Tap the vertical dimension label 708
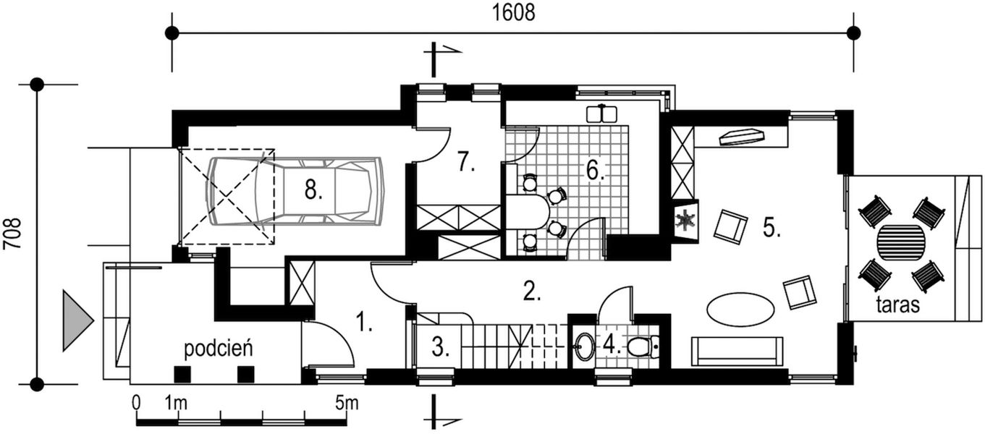click(x=12, y=234)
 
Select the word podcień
click(x=218, y=349)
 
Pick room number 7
click(x=466, y=163)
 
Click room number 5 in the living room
click(x=771, y=228)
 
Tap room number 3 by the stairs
click(x=441, y=348)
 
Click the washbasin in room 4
click(x=584, y=346)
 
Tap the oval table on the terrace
click(x=901, y=242)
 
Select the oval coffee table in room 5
click(x=740, y=309)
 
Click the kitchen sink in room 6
click(x=601, y=114)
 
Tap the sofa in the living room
click(x=737, y=351)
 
